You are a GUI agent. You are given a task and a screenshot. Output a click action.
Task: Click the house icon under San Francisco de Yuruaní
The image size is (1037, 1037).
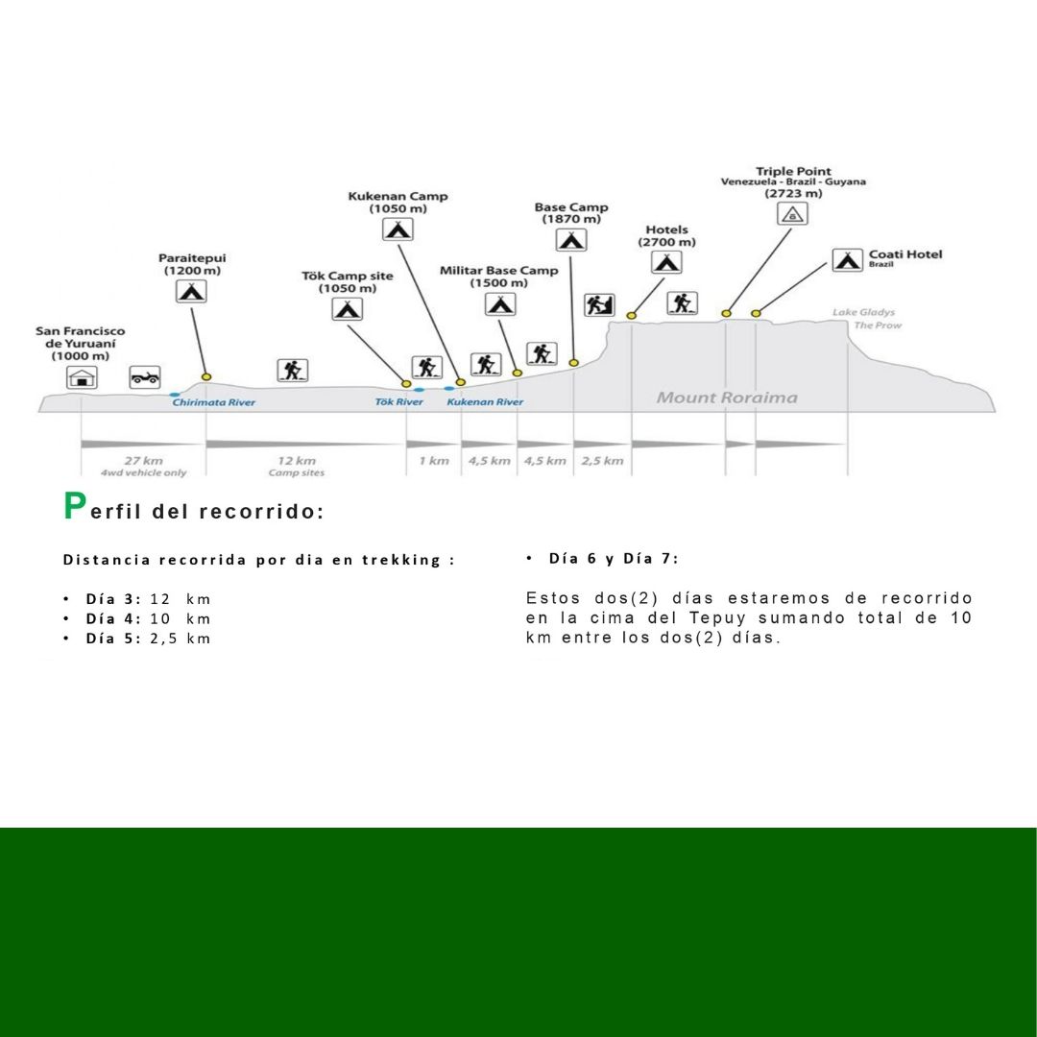pyautogui.click(x=82, y=377)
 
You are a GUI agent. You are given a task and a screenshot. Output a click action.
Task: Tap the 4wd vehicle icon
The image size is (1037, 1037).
pyautogui.click(x=145, y=376)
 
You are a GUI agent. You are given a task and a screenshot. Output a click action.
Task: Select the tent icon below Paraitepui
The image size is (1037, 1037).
pyautogui.click(x=191, y=290)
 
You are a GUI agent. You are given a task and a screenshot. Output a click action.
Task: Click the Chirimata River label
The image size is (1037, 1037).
pyautogui.click(x=214, y=402)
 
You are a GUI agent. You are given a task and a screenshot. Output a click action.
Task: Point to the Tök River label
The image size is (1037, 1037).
pyautogui.click(x=398, y=402)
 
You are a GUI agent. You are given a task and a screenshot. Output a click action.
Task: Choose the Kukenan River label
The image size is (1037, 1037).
pyautogui.click(x=485, y=402)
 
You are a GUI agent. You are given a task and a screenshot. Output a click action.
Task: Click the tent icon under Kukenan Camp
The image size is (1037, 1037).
pyautogui.click(x=398, y=229)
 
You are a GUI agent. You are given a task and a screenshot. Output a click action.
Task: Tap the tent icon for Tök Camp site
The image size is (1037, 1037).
pyautogui.click(x=347, y=309)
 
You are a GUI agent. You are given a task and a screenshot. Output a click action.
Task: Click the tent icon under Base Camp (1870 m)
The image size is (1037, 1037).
pyautogui.click(x=571, y=240)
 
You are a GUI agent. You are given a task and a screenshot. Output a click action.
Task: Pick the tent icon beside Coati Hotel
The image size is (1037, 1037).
pyautogui.click(x=847, y=259)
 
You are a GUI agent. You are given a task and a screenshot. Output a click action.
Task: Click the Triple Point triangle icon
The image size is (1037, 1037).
pyautogui.click(x=792, y=214)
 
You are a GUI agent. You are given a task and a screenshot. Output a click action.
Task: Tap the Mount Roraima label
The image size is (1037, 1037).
pyautogui.click(x=727, y=398)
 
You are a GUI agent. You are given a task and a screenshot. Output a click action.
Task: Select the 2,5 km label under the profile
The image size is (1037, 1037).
pyautogui.click(x=602, y=461)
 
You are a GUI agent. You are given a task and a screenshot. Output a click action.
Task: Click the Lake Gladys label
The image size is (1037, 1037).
pyautogui.click(x=863, y=312)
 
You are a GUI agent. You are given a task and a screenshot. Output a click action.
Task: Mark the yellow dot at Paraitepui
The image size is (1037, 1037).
pyautogui.click(x=205, y=376)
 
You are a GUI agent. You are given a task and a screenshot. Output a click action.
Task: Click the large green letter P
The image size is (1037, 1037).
pyautogui.click(x=75, y=507)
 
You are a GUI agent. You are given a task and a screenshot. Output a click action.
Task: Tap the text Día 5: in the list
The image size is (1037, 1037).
pyautogui.click(x=113, y=639)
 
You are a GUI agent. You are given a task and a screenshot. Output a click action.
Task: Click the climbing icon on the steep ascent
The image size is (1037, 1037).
pyautogui.click(x=599, y=304)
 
